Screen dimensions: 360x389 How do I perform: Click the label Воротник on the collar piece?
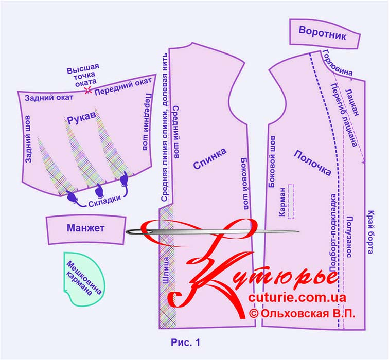[322, 35]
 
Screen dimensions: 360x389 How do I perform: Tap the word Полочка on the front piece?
[312, 163]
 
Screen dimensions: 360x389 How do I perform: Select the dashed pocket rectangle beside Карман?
[291, 201]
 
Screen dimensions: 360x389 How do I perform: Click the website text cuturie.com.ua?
[297, 298]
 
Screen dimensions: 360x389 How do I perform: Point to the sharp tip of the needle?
[299, 232]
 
